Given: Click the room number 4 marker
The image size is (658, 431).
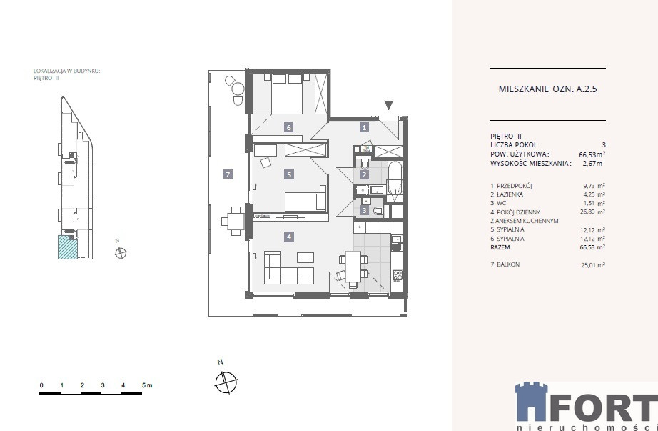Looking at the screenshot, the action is pyautogui.click(x=289, y=237).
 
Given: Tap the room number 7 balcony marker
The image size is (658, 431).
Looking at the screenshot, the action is pyautogui.click(x=228, y=174).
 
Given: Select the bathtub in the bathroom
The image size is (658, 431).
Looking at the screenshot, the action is pyautogui.click(x=395, y=179).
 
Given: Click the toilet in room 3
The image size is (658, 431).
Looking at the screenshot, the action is pyautogui.click(x=378, y=211).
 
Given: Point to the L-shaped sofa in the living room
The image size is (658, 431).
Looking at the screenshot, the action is pyautogui.click(x=289, y=267).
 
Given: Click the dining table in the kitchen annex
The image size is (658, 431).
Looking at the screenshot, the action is pyautogui.click(x=353, y=267).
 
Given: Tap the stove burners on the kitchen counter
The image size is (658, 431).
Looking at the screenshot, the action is pyautogui.click(x=398, y=276).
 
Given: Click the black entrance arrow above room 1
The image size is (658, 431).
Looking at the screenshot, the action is pyautogui.click(x=388, y=105).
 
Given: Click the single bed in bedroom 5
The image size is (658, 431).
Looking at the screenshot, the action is pyautogui.click(x=305, y=201).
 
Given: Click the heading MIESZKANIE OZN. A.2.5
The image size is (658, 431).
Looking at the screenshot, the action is pyautogui.click(x=547, y=89).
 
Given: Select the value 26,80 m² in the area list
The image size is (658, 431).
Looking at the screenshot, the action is pyautogui.click(x=592, y=212).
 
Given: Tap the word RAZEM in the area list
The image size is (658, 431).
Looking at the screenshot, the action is pyautogui.click(x=500, y=247).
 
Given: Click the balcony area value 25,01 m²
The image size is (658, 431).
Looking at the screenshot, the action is pyautogui.click(x=592, y=265).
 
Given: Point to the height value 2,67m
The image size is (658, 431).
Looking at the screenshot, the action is pyautogui.click(x=592, y=163).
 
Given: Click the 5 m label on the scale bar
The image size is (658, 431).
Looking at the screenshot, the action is pyautogui.click(x=147, y=385).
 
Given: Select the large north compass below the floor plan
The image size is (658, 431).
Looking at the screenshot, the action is pyautogui.click(x=226, y=382).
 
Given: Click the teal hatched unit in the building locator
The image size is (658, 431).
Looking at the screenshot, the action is pyautogui.click(x=68, y=247).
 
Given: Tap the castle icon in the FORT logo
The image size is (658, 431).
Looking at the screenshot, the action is pyautogui.click(x=531, y=402).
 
